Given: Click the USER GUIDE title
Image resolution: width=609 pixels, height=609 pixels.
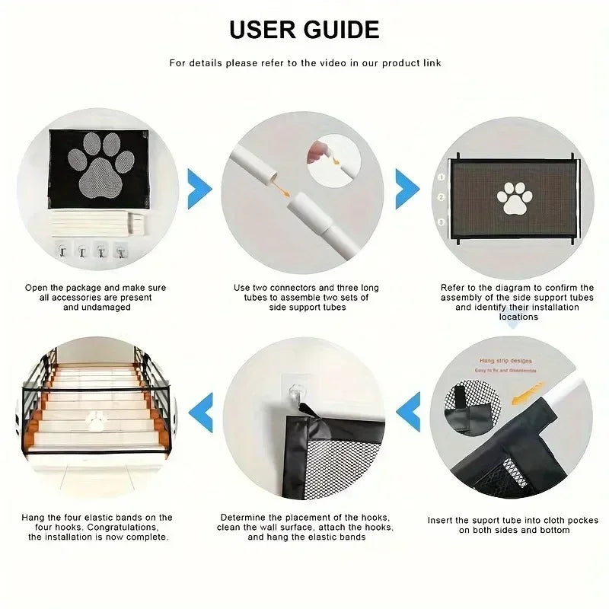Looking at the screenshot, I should [304, 29].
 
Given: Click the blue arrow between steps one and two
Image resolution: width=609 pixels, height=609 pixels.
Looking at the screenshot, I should [199, 185].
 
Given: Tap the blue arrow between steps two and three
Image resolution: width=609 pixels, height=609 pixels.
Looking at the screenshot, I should [407, 185].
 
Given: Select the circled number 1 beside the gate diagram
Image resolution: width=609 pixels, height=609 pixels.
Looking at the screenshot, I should [440, 177].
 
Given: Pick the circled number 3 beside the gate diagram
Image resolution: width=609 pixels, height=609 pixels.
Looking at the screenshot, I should [440, 222].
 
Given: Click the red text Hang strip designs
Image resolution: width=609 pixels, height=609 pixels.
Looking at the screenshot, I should [506, 361].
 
